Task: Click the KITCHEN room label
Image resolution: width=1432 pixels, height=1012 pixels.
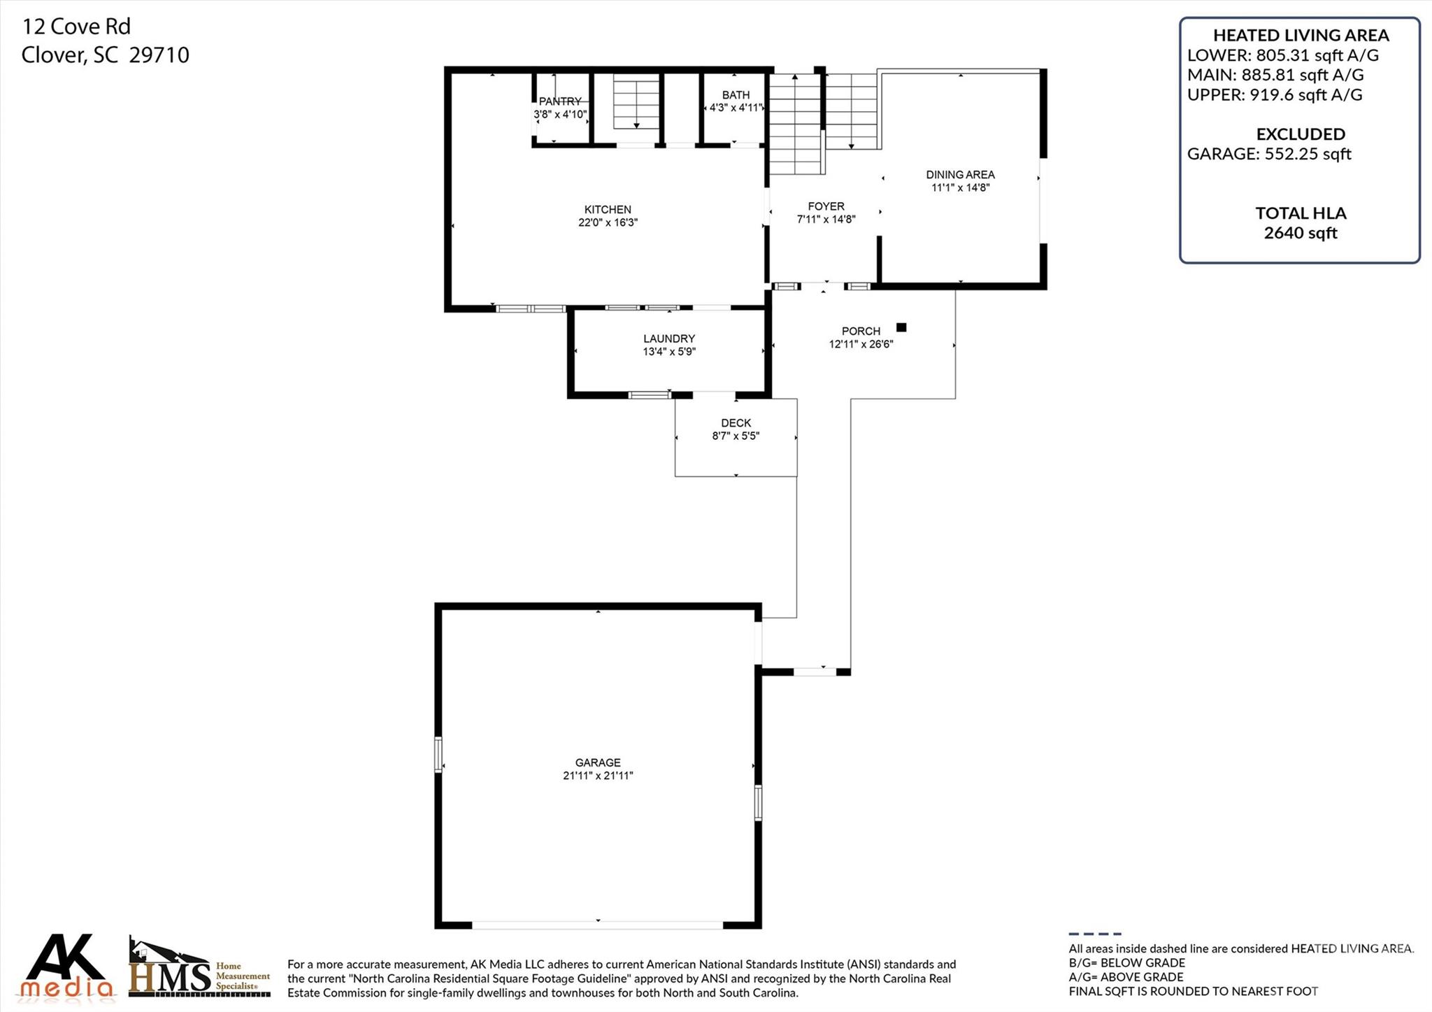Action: [607, 209]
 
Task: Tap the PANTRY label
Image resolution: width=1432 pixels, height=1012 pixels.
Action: [559, 101]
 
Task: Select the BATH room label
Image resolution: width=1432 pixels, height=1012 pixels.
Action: [736, 95]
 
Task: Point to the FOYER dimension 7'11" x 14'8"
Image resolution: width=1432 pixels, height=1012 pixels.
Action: [826, 220]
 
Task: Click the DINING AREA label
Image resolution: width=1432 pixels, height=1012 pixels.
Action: [960, 175]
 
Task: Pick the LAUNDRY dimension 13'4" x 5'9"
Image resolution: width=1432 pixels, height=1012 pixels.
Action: [669, 352]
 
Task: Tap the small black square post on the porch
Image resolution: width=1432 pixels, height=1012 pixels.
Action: [901, 327]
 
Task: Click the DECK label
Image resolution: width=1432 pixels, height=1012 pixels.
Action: [736, 423]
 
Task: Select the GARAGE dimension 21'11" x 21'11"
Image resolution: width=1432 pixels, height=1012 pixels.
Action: [598, 776]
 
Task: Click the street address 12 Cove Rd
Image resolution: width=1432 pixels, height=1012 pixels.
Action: [76, 27]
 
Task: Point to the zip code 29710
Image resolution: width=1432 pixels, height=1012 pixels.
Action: [159, 55]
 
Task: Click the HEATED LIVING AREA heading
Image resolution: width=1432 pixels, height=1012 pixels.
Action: [1301, 35]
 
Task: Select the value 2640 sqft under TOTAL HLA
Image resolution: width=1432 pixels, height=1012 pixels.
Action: [1300, 233]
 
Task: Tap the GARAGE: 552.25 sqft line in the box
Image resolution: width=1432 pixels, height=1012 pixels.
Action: [1268, 154]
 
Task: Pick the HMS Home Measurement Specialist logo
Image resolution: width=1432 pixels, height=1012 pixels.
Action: [199, 969]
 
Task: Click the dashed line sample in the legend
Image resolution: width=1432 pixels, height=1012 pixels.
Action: [1094, 934]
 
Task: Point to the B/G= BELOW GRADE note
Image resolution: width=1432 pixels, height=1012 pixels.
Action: [1126, 963]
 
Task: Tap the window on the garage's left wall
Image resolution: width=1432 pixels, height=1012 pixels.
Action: [438, 754]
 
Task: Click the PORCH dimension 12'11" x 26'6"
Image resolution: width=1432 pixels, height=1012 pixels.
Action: [861, 344]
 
